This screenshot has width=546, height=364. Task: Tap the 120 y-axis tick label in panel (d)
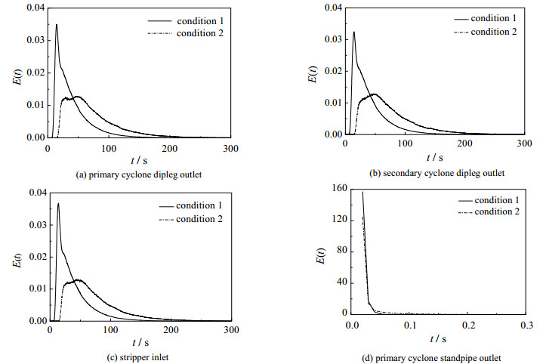[x=338, y=220]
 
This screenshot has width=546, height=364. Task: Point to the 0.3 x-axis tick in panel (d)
[x=526, y=325]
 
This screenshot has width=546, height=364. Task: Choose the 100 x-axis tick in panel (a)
[x=110, y=148]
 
